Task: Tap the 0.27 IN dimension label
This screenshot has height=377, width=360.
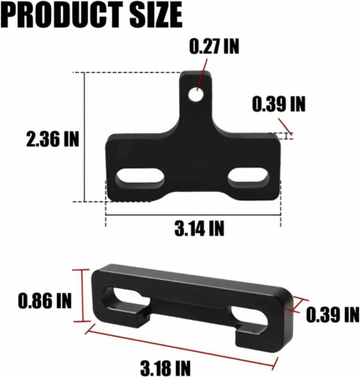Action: (x=214, y=46)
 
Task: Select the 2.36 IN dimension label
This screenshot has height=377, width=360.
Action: (x=53, y=139)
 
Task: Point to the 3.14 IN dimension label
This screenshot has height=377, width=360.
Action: (x=199, y=228)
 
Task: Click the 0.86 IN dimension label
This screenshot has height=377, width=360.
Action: (x=45, y=301)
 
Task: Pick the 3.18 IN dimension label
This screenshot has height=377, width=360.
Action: (x=165, y=368)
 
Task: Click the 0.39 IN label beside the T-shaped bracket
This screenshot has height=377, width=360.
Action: (x=279, y=104)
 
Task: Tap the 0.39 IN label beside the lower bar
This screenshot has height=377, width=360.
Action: (x=332, y=314)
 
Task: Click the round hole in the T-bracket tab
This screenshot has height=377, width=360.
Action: (x=196, y=95)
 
